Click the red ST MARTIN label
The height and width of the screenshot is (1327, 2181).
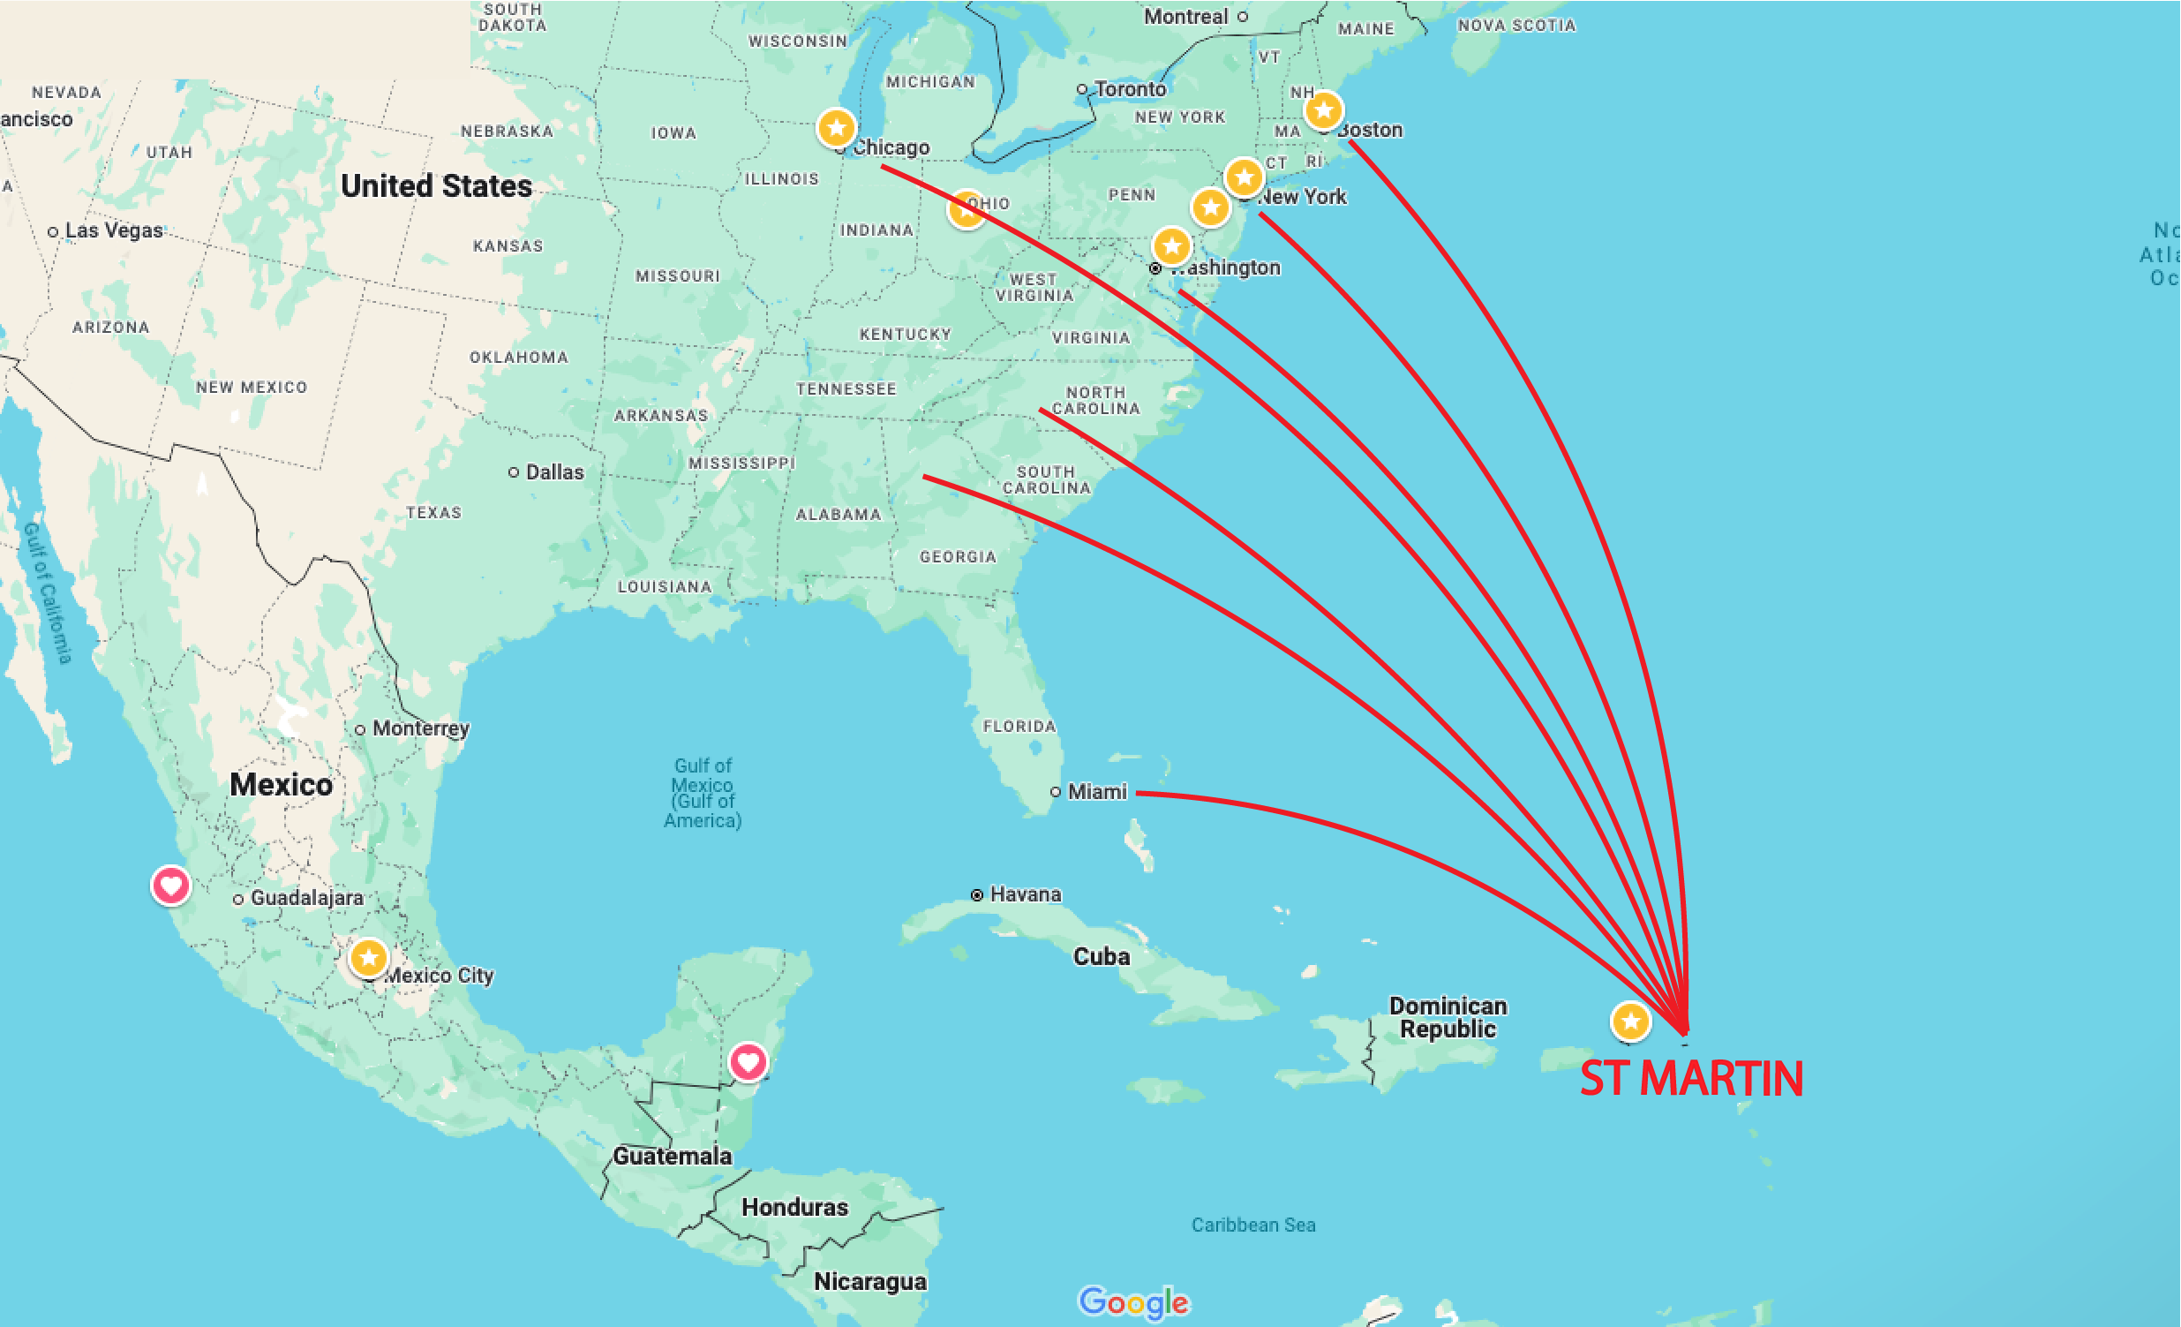click(1690, 1078)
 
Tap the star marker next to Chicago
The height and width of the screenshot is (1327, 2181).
click(836, 128)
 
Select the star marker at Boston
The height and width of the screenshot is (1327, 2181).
click(1323, 110)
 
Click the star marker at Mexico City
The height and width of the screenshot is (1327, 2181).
click(368, 957)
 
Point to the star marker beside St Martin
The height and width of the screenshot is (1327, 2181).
click(1630, 1021)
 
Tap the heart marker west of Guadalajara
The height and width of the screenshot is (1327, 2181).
click(171, 885)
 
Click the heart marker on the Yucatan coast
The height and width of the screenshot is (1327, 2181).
click(748, 1060)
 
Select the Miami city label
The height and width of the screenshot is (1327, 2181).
click(1097, 791)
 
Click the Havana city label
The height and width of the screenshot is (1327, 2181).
click(1025, 894)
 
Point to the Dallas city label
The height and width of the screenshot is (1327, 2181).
click(554, 471)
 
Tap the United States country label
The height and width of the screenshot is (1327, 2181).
click(436, 186)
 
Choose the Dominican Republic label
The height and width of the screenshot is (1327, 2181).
click(1448, 1017)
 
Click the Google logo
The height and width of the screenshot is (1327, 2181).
click(1133, 1301)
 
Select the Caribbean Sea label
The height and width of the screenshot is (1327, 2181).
click(1252, 1225)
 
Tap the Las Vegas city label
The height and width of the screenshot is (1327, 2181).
click(113, 230)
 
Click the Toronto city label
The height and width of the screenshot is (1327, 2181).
click(1130, 88)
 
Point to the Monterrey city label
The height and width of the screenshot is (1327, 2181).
click(420, 728)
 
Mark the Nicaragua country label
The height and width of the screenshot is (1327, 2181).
click(870, 1281)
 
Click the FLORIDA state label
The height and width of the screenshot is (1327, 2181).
click(1019, 726)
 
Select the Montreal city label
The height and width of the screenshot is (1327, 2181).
click(1185, 16)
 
